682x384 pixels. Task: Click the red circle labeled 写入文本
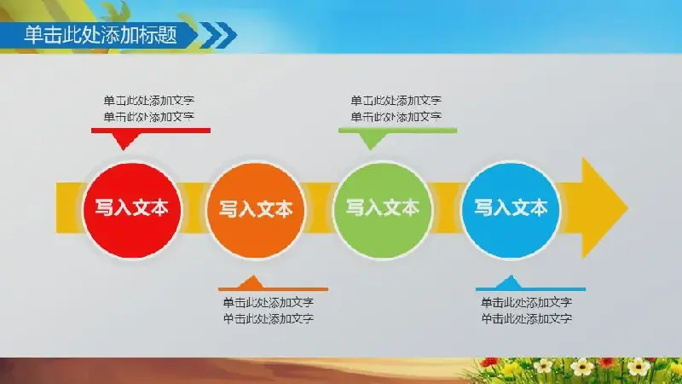click(132, 210)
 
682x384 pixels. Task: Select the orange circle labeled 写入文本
click(256, 210)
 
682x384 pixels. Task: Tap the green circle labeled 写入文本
click(383, 210)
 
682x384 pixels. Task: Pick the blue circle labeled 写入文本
click(511, 210)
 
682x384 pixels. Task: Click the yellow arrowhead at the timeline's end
click(603, 208)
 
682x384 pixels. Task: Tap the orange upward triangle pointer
click(251, 282)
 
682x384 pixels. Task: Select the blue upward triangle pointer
click(509, 282)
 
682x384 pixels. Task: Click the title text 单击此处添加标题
click(101, 35)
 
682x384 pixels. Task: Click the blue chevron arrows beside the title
click(218, 35)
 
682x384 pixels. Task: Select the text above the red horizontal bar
click(148, 108)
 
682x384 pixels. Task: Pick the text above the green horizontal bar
click(396, 108)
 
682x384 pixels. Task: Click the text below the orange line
click(269, 311)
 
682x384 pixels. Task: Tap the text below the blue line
click(526, 311)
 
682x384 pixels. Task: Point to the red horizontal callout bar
click(151, 131)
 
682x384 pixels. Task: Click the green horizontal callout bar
click(397, 131)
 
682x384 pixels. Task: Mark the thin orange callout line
click(273, 289)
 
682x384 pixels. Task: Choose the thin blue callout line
click(530, 289)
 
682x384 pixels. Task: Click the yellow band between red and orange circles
click(194, 208)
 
